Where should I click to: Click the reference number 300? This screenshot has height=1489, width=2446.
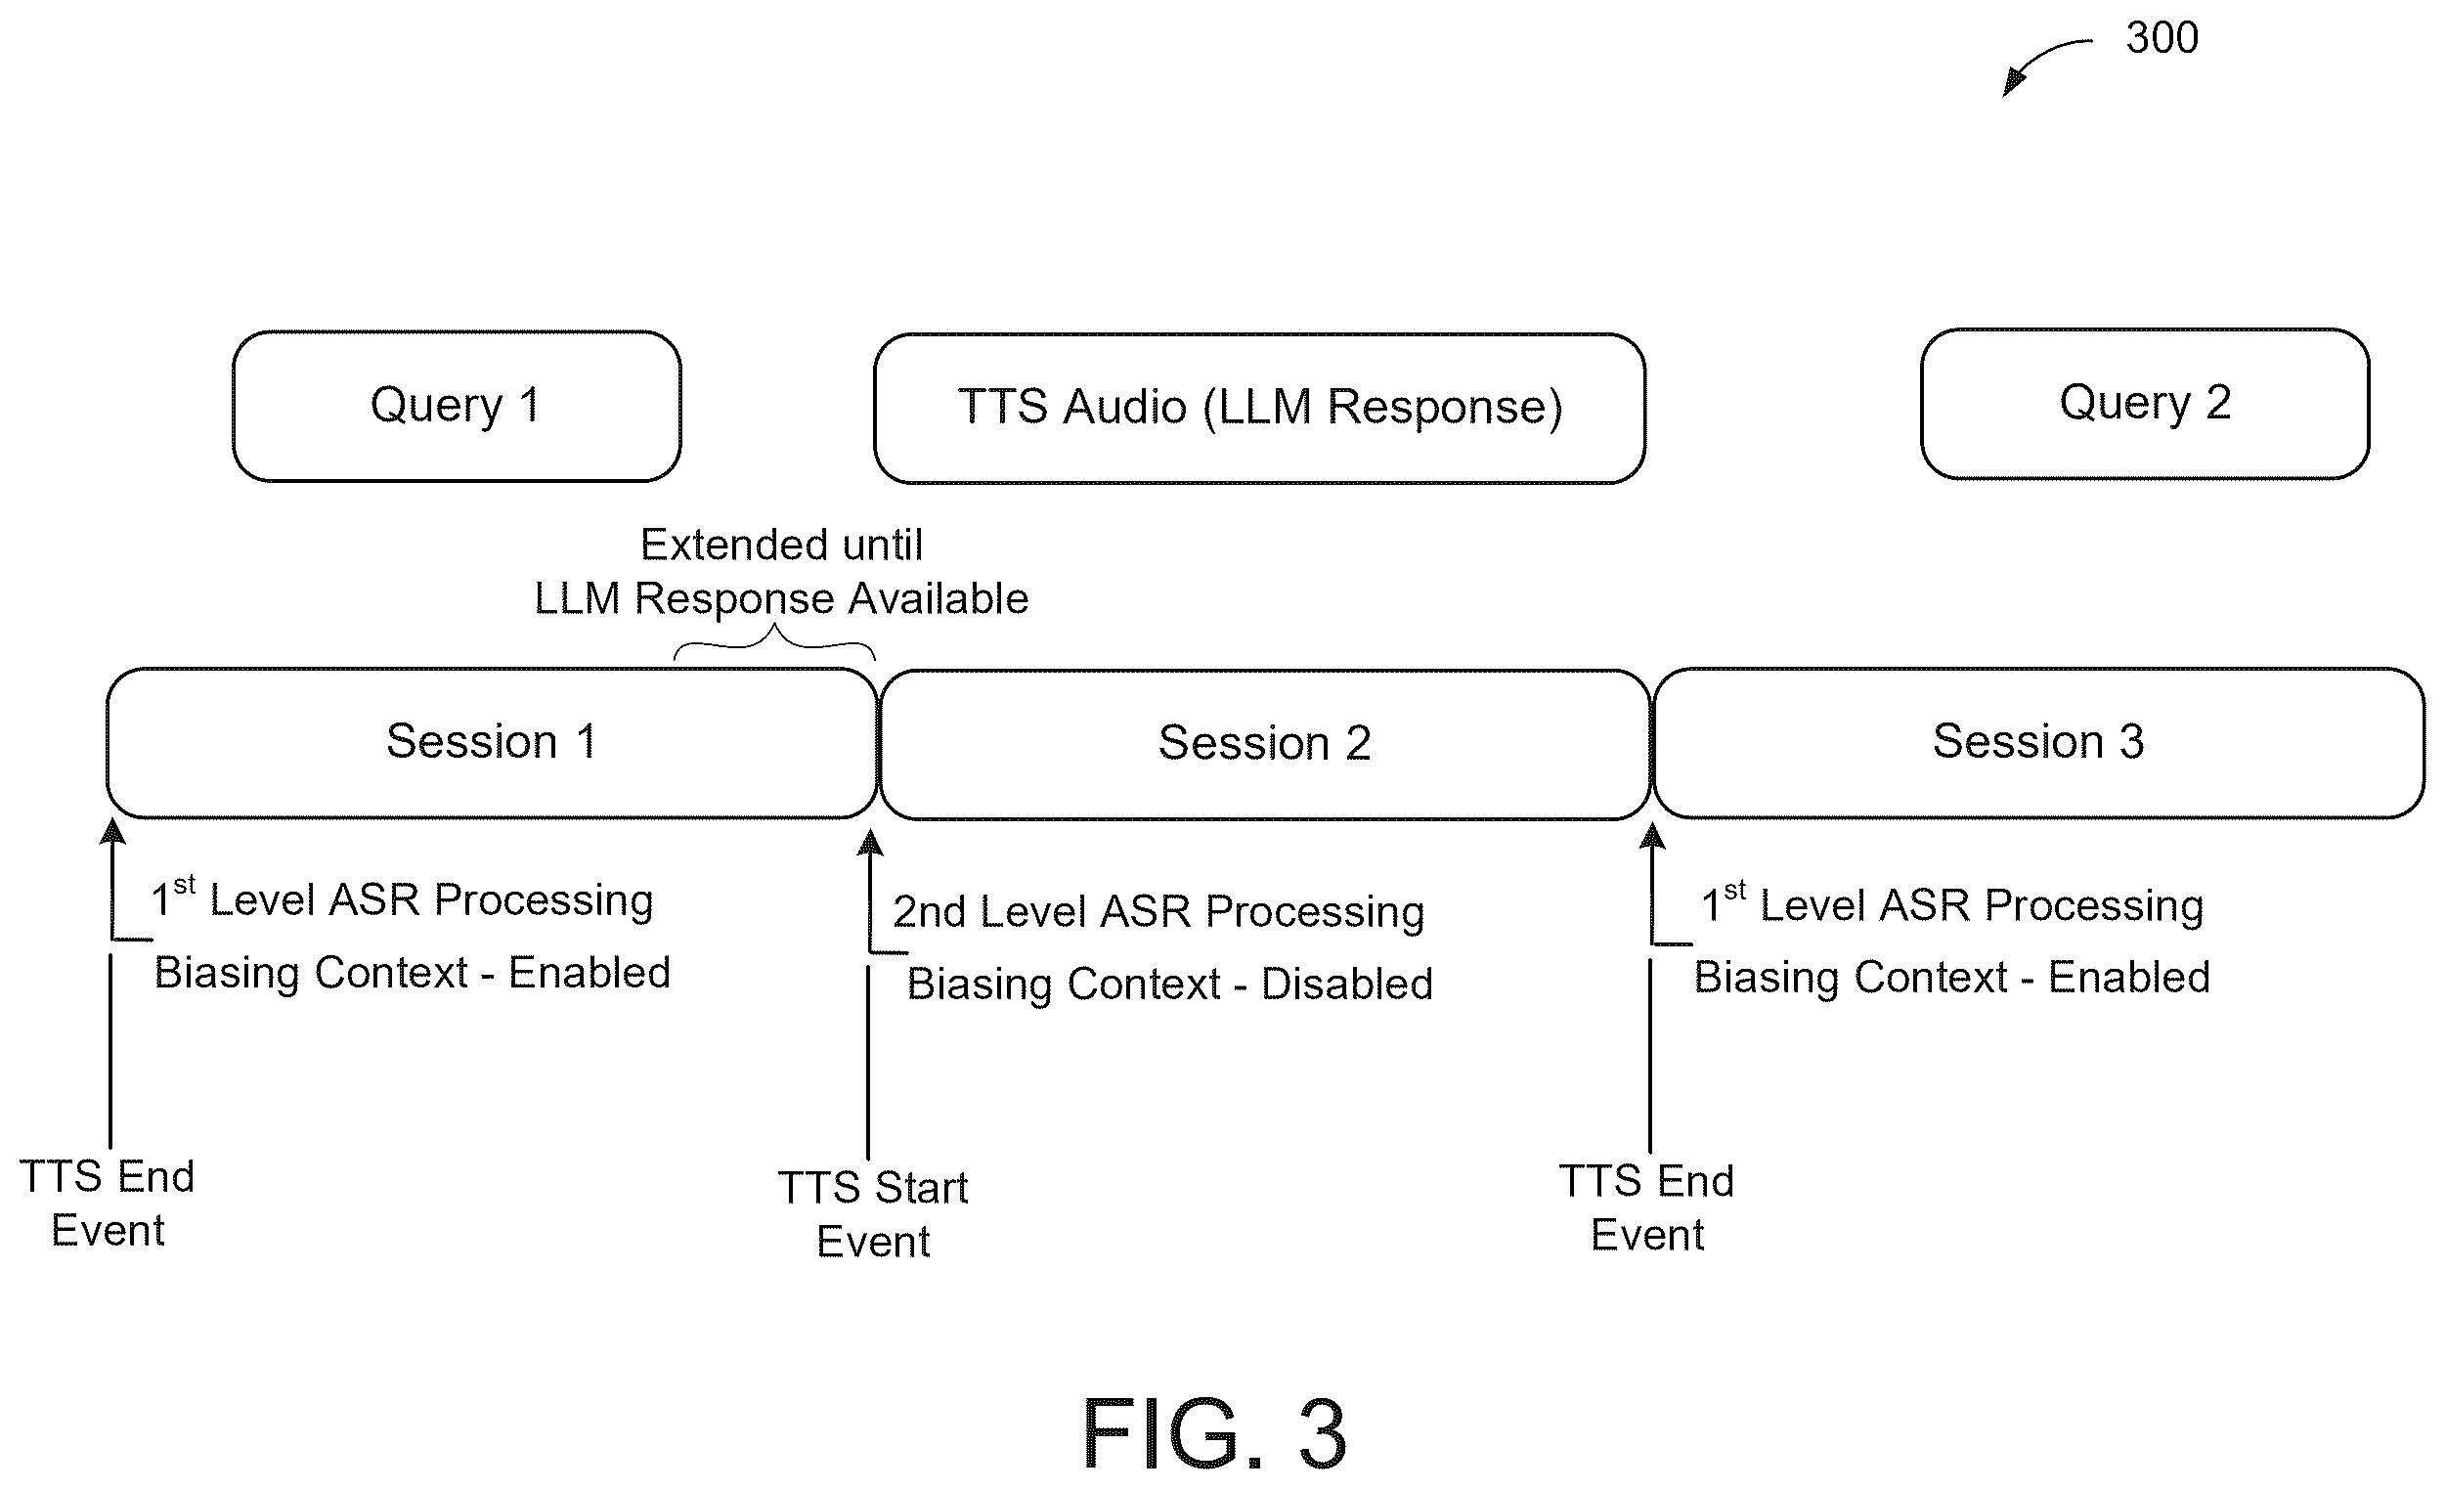coord(2162,38)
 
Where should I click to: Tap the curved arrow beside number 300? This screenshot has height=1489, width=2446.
coord(2035,57)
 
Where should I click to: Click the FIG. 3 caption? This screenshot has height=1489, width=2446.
coord(1214,1432)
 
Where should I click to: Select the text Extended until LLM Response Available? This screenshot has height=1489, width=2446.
coord(781,572)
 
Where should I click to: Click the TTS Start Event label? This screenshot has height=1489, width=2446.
coord(873,1214)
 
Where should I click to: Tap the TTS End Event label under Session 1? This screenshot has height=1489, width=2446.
coord(108,1204)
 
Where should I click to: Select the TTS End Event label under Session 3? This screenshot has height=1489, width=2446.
coord(1647,1208)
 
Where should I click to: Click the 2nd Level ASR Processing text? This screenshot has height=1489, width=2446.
coord(1158,911)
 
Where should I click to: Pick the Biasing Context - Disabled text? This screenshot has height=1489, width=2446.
coord(1170,984)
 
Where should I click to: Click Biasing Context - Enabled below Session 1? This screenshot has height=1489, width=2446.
coord(412,973)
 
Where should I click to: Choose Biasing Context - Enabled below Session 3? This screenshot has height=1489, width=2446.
coord(1951,978)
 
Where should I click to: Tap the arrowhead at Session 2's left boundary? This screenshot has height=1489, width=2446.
coord(870,842)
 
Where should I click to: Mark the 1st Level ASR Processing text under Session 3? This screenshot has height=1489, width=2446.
coord(1951,903)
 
